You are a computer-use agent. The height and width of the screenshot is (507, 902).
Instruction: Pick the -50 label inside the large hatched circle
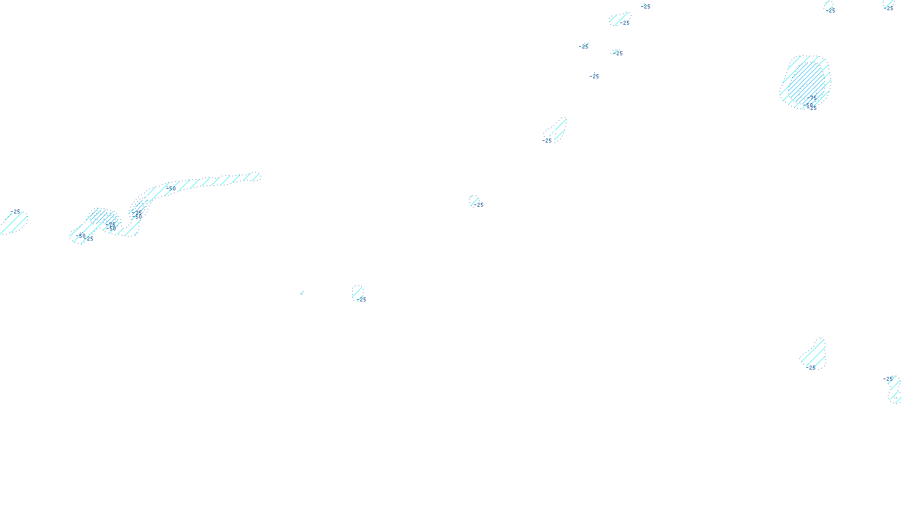tap(809, 105)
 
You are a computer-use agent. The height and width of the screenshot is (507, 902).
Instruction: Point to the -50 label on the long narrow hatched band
tap(171, 188)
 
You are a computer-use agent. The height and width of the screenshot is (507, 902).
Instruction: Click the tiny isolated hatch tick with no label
tap(302, 293)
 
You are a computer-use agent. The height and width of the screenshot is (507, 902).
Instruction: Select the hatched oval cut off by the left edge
tap(14, 223)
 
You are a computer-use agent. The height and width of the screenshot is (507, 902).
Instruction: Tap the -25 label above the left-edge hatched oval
tap(15, 212)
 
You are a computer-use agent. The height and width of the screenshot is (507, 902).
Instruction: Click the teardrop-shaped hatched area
tap(814, 354)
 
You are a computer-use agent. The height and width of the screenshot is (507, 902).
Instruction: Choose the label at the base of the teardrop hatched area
tap(811, 368)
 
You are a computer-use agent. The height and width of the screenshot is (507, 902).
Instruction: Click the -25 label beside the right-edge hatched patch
tap(888, 379)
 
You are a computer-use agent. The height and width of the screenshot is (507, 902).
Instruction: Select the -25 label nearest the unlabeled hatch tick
tap(362, 300)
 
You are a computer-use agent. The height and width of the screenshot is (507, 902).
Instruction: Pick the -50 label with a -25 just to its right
tap(82, 236)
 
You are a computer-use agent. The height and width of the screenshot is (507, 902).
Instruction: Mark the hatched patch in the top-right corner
tap(889, 4)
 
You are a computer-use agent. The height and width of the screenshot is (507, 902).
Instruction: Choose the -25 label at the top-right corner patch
tap(889, 8)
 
